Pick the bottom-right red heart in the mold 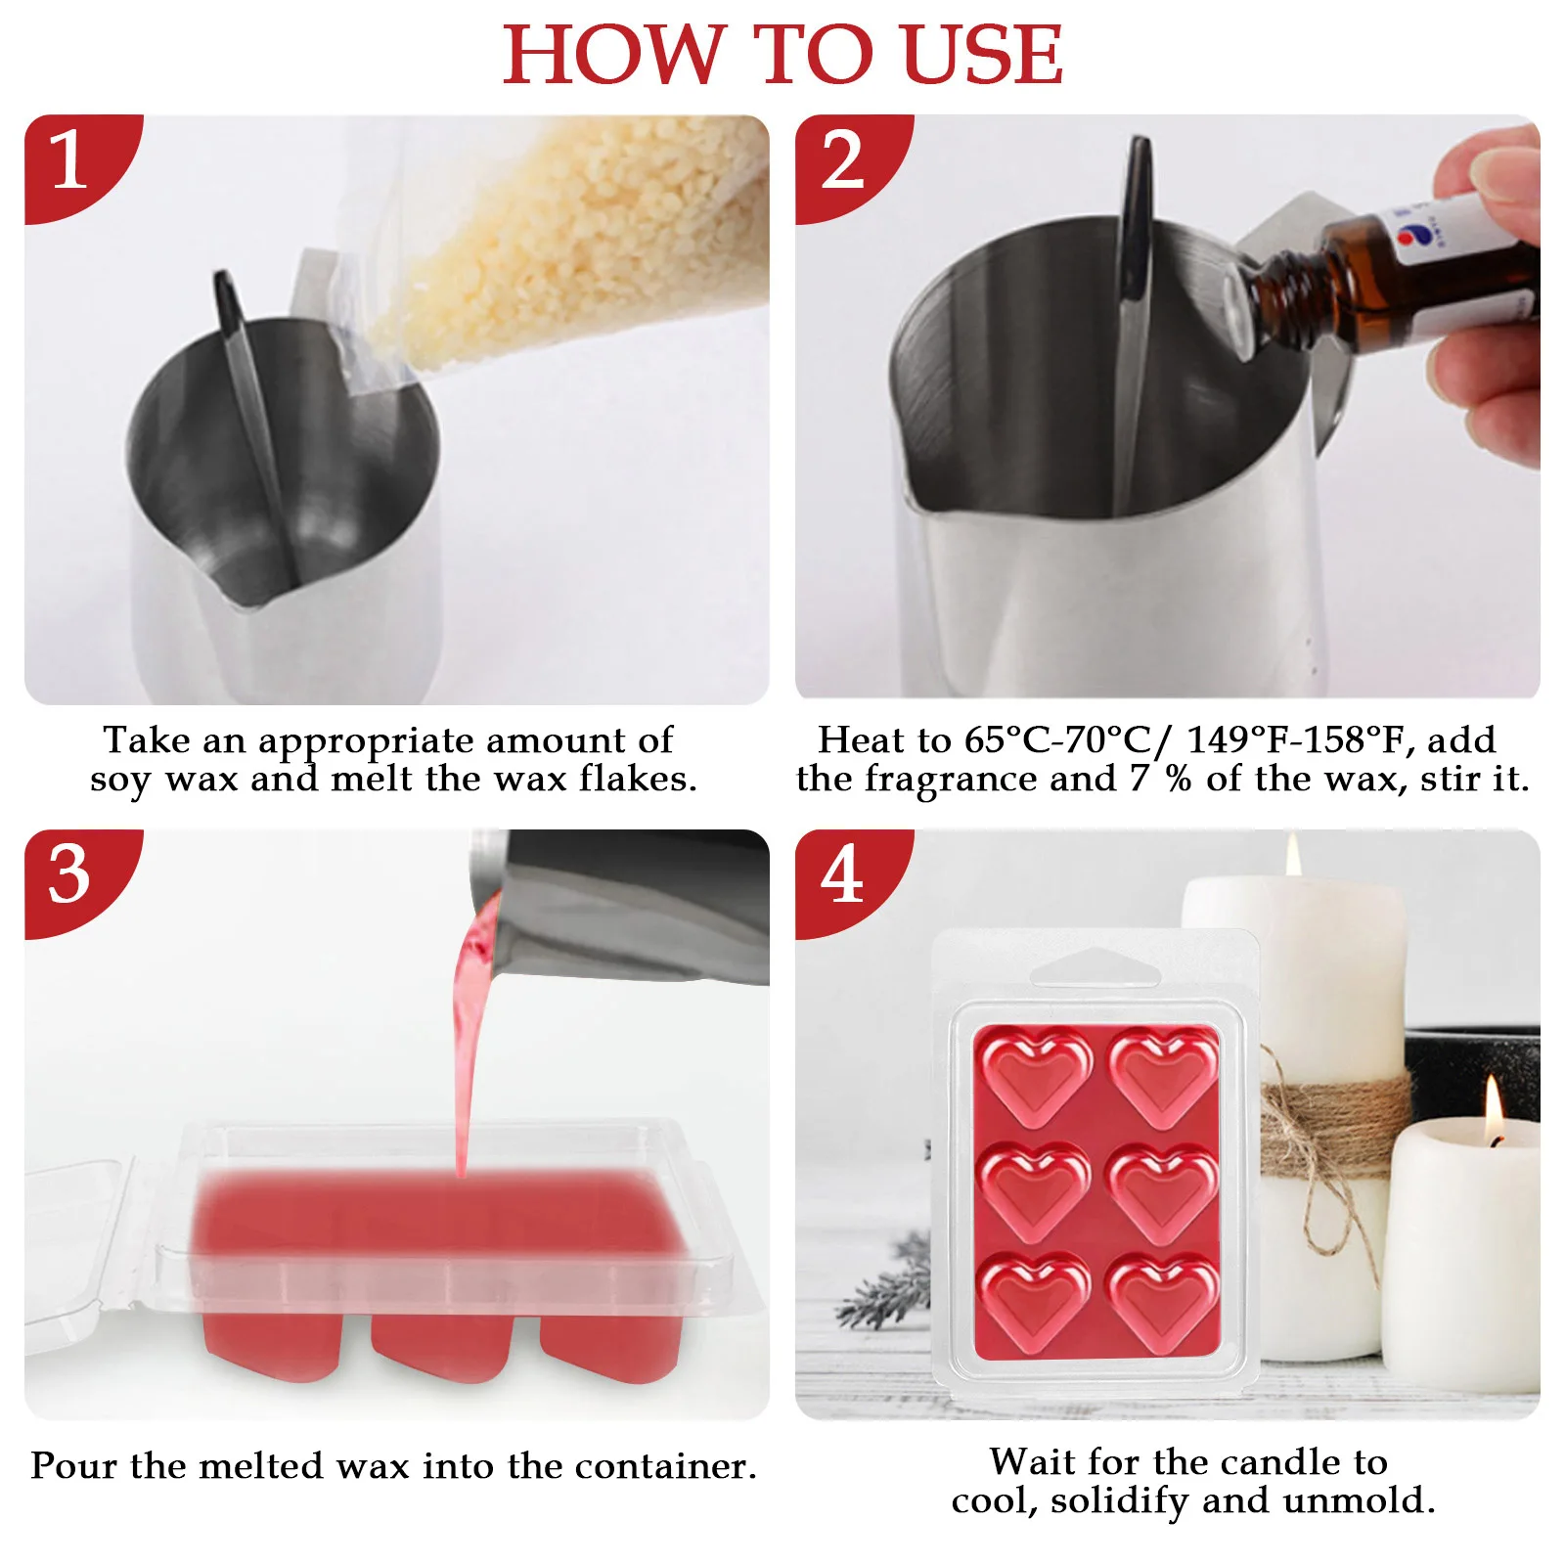pyautogui.click(x=1163, y=1297)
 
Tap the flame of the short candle pyautogui.click(x=1494, y=1110)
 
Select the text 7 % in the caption pyautogui.click(x=1162, y=780)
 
